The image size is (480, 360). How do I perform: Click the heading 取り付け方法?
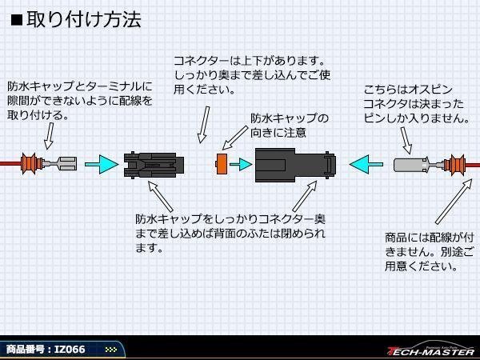coord(83,19)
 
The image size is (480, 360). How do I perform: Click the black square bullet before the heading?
coord(17,20)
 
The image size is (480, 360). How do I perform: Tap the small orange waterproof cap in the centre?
coord(222,164)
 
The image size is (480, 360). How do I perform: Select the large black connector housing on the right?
coord(295,165)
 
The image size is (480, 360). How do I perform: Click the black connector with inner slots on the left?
coord(154,165)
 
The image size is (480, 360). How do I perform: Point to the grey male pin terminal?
coord(412,165)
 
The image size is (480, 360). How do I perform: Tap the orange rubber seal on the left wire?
coord(31,164)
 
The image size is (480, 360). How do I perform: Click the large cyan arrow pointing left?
coord(366,164)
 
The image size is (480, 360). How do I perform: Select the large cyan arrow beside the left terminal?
coord(102,164)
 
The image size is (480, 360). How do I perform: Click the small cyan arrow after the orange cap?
coord(241,164)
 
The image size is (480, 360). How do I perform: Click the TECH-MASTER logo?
coord(431,350)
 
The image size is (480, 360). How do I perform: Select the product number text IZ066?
coord(70,350)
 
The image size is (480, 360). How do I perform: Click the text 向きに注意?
coord(278,132)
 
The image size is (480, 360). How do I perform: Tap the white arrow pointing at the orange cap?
coord(234,138)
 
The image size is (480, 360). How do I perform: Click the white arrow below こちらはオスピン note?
coord(406,140)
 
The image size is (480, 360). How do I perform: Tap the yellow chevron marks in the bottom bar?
coord(111,350)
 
